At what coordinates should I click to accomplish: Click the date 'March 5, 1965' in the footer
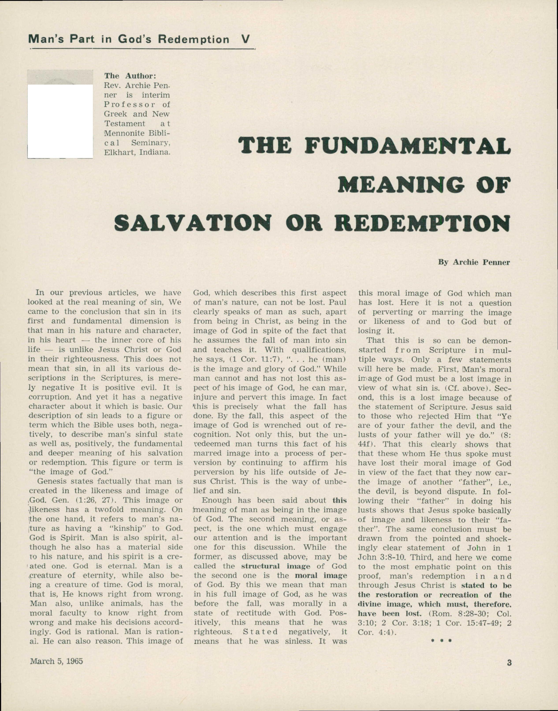(56, 661)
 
